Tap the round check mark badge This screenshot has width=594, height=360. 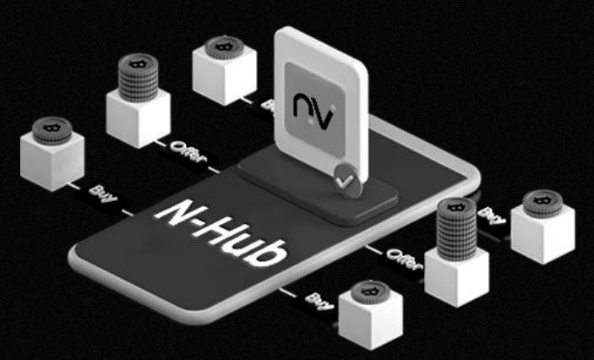coord(344,178)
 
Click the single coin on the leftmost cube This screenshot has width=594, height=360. coord(51,130)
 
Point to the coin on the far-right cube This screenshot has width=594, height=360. coord(542,204)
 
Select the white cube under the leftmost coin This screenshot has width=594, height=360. coord(52,164)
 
